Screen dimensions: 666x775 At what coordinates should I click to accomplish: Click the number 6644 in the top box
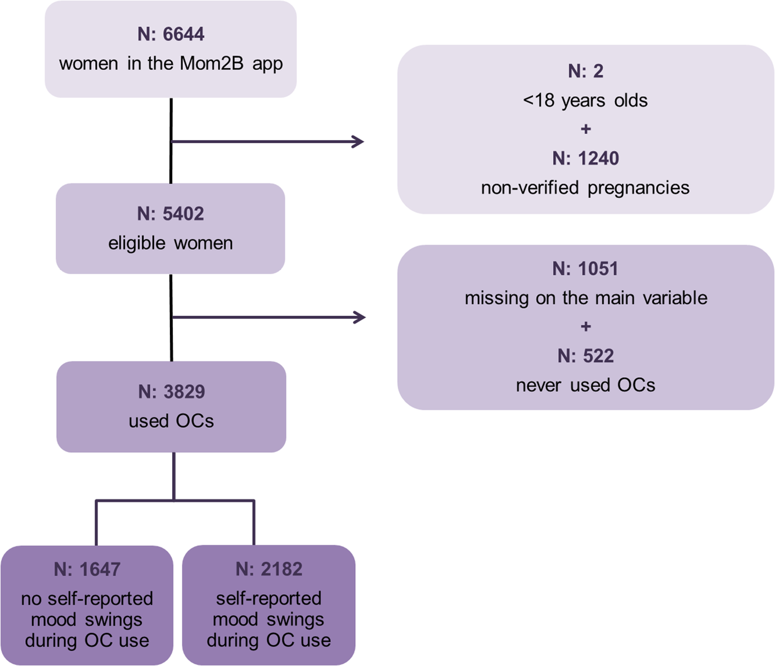pos(183,34)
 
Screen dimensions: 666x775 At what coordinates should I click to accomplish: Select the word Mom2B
pos(211,64)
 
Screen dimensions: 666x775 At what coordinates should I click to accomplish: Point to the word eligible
pos(137,243)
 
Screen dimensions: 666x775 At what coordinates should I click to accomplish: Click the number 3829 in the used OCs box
pos(184,392)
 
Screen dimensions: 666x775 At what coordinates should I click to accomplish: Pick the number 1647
pos(100,569)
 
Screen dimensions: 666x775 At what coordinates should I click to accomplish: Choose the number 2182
pos(281,569)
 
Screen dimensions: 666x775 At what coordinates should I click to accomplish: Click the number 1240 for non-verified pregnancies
pos(598,158)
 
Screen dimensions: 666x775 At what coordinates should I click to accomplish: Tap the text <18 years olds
pos(585,100)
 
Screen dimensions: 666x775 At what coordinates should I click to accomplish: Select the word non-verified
pos(530,187)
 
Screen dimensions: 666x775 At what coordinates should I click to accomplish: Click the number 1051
pos(598,269)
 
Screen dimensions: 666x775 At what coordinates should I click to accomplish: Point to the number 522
pos(598,356)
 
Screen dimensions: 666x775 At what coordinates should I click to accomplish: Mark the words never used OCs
pos(585,385)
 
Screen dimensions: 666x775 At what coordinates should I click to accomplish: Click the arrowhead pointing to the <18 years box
pos(358,141)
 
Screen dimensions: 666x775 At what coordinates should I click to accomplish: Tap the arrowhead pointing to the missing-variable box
pos(359,318)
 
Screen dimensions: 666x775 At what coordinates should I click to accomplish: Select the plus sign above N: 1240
pos(586,129)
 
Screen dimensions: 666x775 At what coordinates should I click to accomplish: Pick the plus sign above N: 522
pos(586,327)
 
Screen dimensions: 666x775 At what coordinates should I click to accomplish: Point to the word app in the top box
pos(267,64)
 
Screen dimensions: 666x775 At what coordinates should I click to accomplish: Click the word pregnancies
pos(638,187)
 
